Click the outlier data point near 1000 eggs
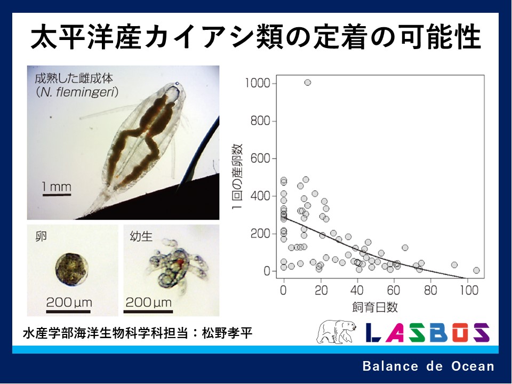point(307,83)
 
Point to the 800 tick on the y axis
point(274,121)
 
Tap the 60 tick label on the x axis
point(394,290)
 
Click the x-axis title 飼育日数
point(375,307)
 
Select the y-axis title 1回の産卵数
point(237,177)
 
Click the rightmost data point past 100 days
point(476,270)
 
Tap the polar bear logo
point(336,332)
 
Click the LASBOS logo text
point(427,332)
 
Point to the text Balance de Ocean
point(428,366)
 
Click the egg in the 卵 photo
point(71,269)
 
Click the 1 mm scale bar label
point(57,187)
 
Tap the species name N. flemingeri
point(77,92)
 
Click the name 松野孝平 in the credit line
point(227,333)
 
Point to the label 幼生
point(141,236)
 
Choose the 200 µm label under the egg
point(69,302)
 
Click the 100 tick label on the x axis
point(469,290)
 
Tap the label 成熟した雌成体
point(74,78)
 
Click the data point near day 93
point(454,265)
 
